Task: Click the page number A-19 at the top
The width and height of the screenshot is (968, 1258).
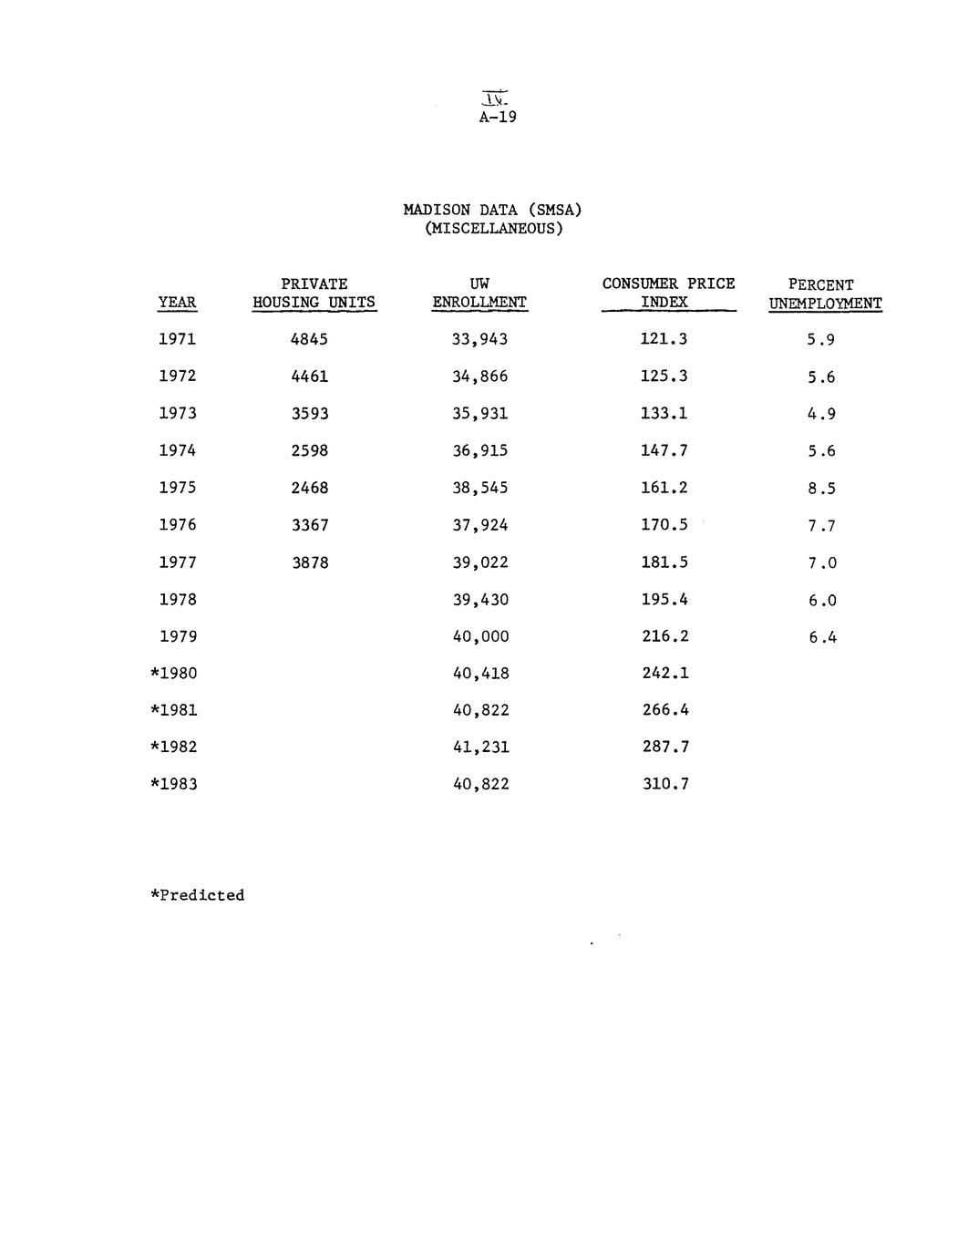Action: point(498,117)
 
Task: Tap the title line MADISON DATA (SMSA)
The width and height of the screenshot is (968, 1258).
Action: point(492,210)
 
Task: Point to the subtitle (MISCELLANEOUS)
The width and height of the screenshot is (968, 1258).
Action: point(494,228)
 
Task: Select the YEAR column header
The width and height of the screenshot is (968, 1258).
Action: point(177,303)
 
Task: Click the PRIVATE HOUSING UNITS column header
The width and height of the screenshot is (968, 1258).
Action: point(314,294)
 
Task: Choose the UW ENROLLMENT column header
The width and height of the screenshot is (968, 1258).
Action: point(479,294)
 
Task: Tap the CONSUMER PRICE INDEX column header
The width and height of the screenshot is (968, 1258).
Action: point(668,294)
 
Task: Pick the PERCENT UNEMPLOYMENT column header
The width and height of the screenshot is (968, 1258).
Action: point(824,294)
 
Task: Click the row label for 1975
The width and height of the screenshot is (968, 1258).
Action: point(177,488)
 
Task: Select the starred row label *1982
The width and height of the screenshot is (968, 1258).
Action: point(173,747)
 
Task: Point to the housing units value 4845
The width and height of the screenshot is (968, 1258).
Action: point(309,339)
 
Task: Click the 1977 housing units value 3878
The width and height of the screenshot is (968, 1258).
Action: point(310,562)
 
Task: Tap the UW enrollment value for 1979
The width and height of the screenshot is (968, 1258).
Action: point(480,636)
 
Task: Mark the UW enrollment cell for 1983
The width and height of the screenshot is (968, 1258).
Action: point(480,784)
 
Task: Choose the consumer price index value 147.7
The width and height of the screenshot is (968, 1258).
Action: point(664,450)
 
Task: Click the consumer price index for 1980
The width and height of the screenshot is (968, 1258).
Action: point(664,673)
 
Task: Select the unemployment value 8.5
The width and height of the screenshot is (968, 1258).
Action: point(820,489)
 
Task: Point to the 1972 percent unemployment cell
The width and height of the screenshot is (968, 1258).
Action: point(820,377)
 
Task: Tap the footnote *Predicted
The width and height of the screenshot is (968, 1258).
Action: point(197,895)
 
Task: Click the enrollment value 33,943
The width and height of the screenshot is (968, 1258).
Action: point(479,339)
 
